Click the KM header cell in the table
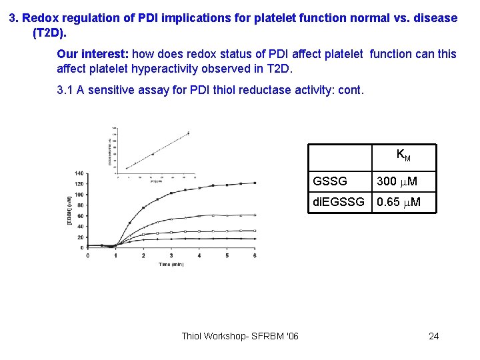403,155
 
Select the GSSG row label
330,181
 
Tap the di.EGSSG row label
339,201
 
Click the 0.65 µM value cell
398,201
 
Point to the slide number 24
433,335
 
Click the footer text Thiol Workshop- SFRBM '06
240,335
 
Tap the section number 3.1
66,89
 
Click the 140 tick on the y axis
80,173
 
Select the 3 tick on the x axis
171,255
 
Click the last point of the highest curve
255,183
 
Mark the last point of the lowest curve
255,239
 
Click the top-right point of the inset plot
188,133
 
